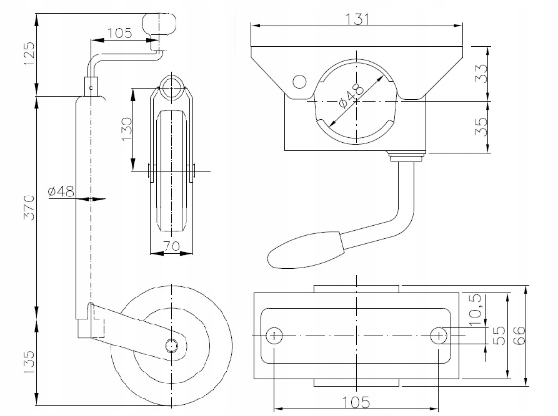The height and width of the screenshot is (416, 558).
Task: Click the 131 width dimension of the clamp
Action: pyautogui.click(x=358, y=18)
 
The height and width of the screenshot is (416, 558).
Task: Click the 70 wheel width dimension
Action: pyautogui.click(x=172, y=247)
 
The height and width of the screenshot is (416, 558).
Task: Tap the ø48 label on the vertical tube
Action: pyautogui.click(x=61, y=191)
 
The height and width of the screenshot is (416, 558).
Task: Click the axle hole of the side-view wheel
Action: pyautogui.click(x=171, y=345)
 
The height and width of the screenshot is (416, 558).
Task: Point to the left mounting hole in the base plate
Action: pyautogui.click(x=274, y=336)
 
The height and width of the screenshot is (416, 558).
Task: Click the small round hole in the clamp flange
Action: pyautogui.click(x=299, y=82)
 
